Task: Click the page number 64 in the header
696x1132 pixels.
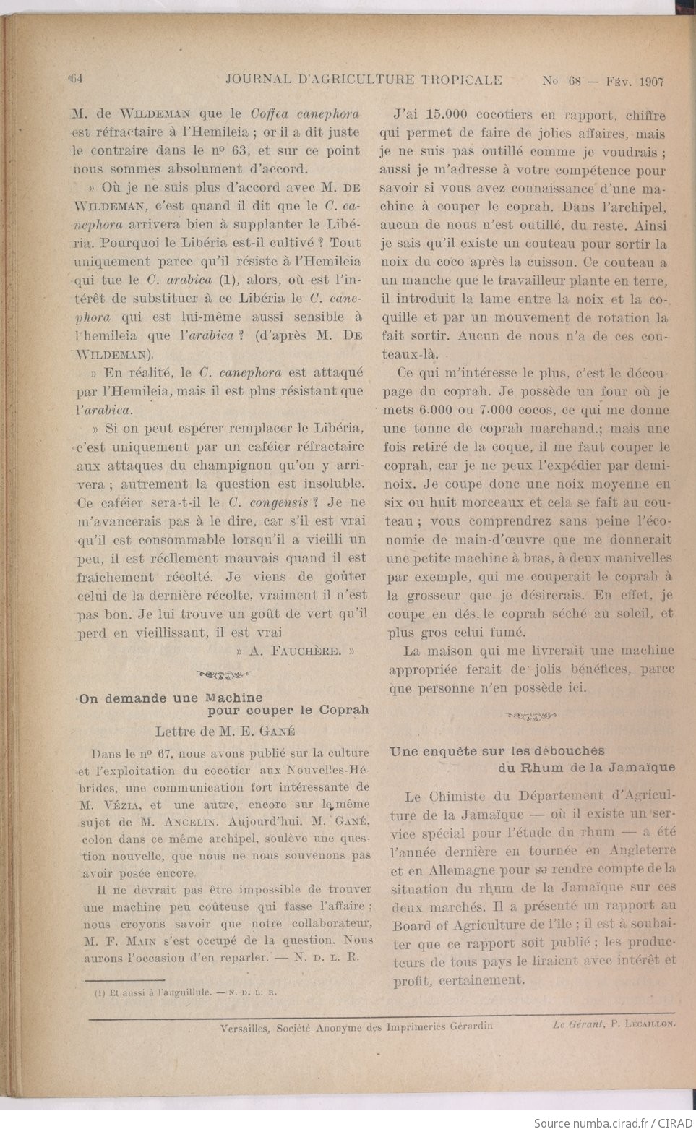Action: coord(77,80)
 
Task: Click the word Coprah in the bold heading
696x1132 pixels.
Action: coord(344,710)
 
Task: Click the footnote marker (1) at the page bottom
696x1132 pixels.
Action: coord(100,992)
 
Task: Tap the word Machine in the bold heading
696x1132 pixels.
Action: coord(234,698)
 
